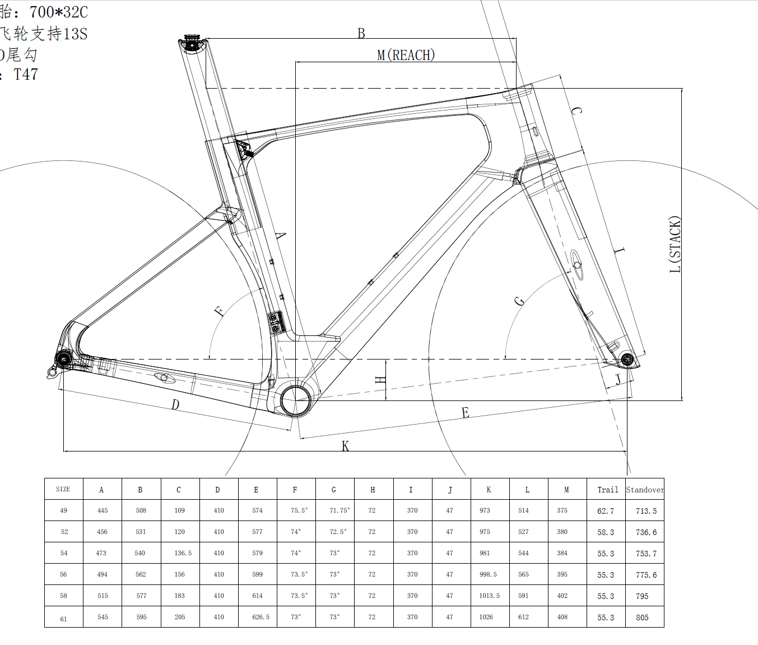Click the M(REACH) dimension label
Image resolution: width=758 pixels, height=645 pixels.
(x=406, y=55)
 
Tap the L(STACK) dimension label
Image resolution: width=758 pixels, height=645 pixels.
(x=675, y=245)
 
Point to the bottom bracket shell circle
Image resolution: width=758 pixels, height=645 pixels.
(x=295, y=400)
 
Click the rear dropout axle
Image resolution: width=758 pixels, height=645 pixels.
(x=63, y=359)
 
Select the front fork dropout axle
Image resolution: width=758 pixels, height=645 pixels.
(x=627, y=359)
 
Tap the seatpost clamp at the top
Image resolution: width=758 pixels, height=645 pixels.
(x=192, y=43)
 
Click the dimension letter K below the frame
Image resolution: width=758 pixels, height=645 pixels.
(x=345, y=446)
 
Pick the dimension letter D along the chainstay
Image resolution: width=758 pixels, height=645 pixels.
(x=175, y=404)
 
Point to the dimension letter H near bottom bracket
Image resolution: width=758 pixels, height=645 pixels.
(x=380, y=380)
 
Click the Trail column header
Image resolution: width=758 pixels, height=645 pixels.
(x=607, y=490)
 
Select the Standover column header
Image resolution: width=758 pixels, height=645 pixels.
(x=645, y=490)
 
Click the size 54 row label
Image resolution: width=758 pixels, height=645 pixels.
(x=64, y=553)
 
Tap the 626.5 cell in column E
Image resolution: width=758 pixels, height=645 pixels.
(x=261, y=617)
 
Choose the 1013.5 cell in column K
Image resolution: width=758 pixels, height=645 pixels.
(x=489, y=596)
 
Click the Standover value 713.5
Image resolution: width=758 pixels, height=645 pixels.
(x=646, y=511)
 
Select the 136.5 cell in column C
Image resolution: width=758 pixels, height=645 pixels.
(x=183, y=553)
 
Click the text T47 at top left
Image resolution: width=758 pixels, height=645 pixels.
(x=26, y=75)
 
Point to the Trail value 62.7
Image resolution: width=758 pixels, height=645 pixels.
(x=606, y=511)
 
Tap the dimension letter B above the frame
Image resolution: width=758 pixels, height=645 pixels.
(x=361, y=34)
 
